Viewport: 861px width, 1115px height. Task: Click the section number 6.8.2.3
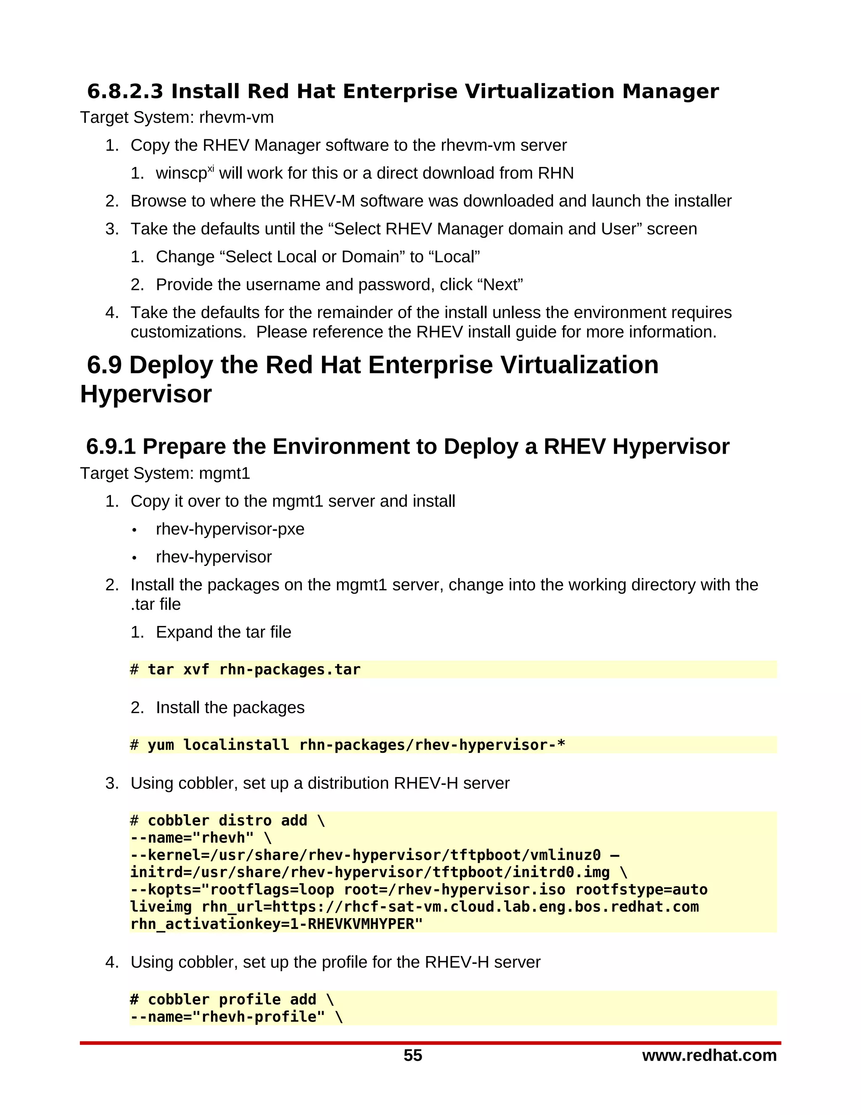tap(125, 92)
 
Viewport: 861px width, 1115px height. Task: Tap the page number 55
tap(413, 1056)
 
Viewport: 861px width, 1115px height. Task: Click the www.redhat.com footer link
tap(709, 1055)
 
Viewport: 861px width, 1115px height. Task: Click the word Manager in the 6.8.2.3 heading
tap(670, 92)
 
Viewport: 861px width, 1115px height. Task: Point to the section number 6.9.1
tap(111, 447)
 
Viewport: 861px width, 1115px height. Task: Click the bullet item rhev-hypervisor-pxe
tap(230, 529)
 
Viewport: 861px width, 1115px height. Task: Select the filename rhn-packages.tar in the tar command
tap(290, 670)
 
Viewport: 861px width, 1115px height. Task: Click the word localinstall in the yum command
tap(236, 746)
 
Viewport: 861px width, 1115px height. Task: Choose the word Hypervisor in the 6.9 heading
tap(146, 394)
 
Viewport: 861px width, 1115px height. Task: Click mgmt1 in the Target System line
tap(224, 474)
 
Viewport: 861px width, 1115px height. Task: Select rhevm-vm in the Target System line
tap(236, 118)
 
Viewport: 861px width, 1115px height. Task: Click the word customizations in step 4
tap(187, 332)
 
